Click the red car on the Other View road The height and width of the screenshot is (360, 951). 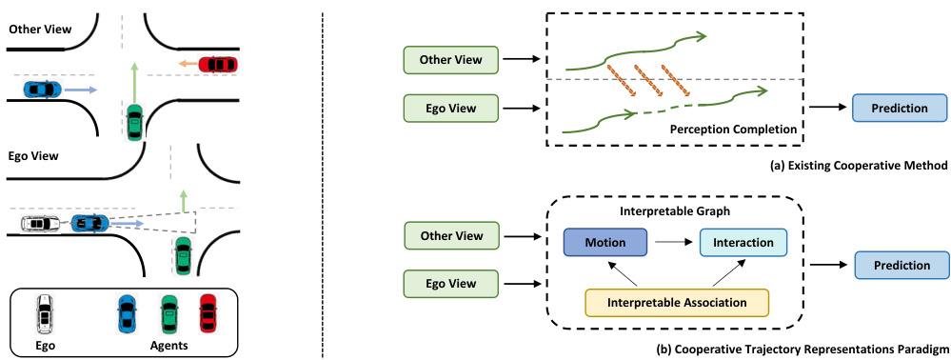tap(218, 65)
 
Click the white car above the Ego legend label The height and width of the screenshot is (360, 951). tap(43, 311)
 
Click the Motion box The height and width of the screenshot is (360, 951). tap(605, 242)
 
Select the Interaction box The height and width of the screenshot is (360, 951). tap(743, 242)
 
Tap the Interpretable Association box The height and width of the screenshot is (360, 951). tap(675, 301)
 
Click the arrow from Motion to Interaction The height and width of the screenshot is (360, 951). tap(673, 243)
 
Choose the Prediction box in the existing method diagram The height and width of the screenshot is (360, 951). tap(900, 108)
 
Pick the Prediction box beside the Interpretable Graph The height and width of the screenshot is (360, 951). tap(900, 266)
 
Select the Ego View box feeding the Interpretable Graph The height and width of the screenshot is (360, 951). tap(451, 283)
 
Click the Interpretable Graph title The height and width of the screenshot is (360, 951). tap(674, 210)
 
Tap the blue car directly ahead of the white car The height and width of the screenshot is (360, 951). tap(89, 224)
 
